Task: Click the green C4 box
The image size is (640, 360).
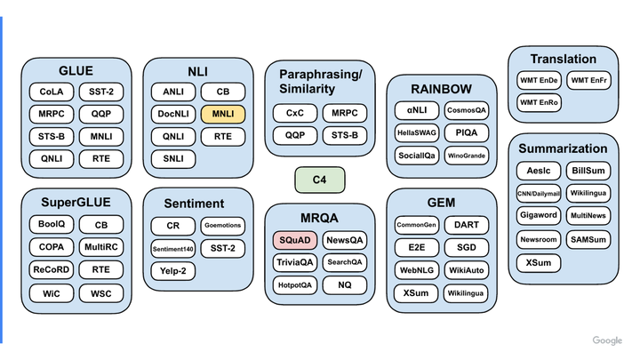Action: (x=319, y=180)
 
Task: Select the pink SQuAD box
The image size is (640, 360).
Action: (x=294, y=240)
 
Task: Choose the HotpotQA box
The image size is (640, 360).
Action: (x=294, y=285)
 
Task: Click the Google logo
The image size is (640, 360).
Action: (x=607, y=340)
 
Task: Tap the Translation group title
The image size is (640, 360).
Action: (x=564, y=60)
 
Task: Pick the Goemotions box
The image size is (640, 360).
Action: (x=222, y=226)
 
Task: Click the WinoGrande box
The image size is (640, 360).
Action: (x=467, y=156)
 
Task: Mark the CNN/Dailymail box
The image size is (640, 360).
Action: (x=539, y=193)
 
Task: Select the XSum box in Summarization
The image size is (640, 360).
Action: (x=539, y=262)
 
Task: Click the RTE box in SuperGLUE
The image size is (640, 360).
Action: (x=101, y=269)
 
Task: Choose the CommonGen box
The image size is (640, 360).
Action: (x=416, y=226)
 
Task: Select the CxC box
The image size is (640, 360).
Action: (x=294, y=114)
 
